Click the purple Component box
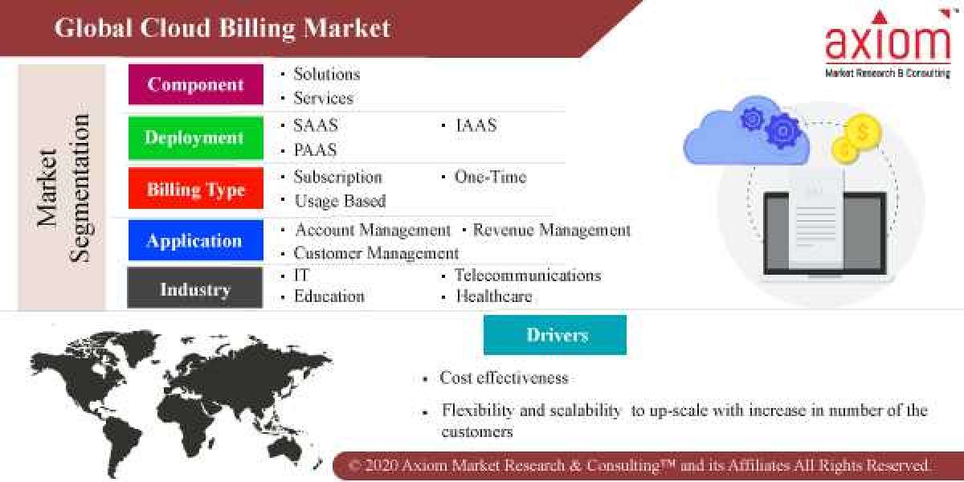[x=195, y=84]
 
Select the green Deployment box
[x=195, y=137]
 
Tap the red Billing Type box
[x=195, y=190]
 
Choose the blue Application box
[x=195, y=240]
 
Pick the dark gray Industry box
[x=195, y=289]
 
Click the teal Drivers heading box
[x=555, y=334]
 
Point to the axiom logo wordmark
[x=887, y=43]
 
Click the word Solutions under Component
[x=326, y=74]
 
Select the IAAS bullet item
[x=476, y=125]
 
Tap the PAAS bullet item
[x=315, y=150]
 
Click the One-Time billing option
[x=490, y=177]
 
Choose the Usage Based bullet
[x=339, y=201]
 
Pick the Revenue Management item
[x=551, y=230]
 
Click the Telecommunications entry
[x=527, y=275]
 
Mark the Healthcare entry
[x=493, y=296]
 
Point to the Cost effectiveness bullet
[x=503, y=378]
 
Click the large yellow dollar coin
[x=864, y=129]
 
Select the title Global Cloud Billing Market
[x=222, y=28]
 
